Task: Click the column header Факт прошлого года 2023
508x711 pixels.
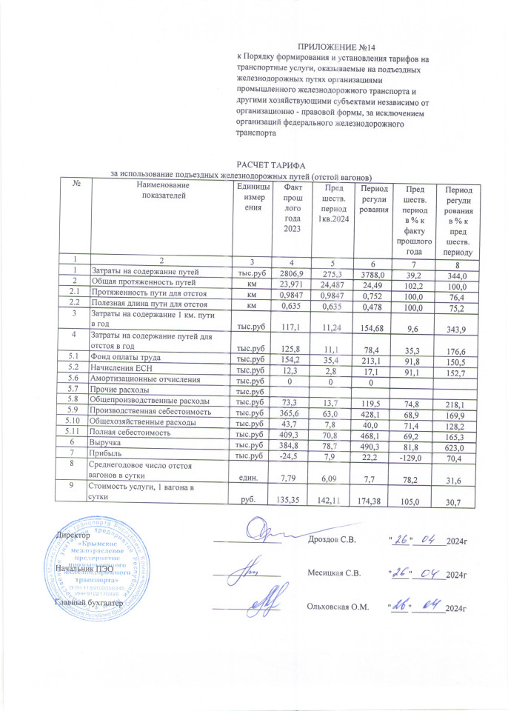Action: point(293,209)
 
